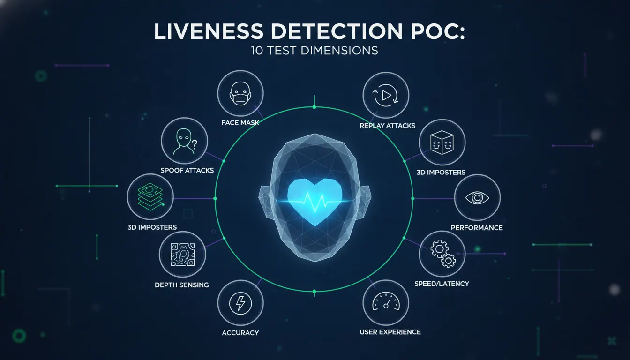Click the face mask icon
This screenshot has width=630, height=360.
coord(240,94)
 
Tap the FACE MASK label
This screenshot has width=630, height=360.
coord(240,123)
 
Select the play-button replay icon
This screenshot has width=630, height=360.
coord(386,96)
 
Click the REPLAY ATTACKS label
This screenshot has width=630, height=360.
coord(388,126)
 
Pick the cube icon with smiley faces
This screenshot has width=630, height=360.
coord(442,142)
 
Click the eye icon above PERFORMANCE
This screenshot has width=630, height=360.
coord(477,197)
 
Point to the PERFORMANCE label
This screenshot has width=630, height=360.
coord(477,228)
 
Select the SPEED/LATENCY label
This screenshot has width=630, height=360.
coord(442,284)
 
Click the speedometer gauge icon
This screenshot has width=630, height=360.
coord(386,301)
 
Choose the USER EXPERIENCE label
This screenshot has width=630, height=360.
coord(390,332)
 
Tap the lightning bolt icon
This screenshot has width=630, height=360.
coord(240,303)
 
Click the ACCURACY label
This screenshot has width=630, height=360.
coord(240,333)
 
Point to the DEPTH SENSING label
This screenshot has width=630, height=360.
coord(182,285)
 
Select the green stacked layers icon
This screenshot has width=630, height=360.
coord(150,196)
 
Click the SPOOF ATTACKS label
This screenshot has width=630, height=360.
coord(187,171)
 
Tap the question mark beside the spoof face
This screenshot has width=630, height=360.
coord(195,144)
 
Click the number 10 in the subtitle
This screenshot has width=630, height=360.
coord(257,51)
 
